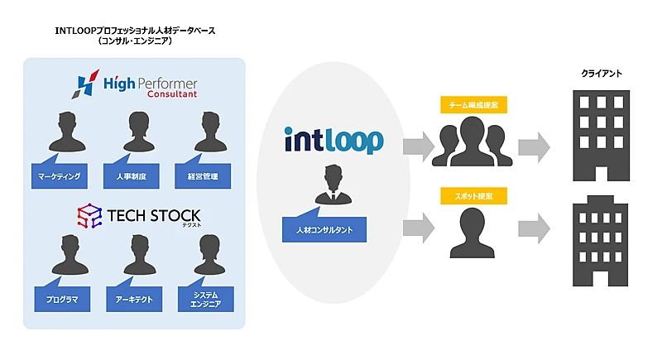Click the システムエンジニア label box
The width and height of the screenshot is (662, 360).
click(x=202, y=299)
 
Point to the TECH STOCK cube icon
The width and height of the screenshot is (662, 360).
click(x=89, y=218)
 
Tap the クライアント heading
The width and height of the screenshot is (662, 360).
click(x=602, y=74)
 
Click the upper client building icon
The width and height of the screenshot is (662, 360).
click(x=602, y=134)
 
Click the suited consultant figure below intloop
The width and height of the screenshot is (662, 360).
click(x=333, y=186)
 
